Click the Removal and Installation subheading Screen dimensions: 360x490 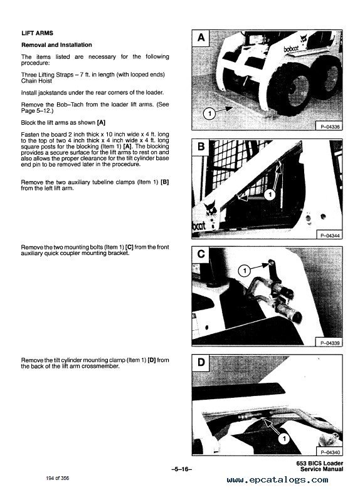pos(56,45)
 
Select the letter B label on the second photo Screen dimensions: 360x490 pos(201,148)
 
